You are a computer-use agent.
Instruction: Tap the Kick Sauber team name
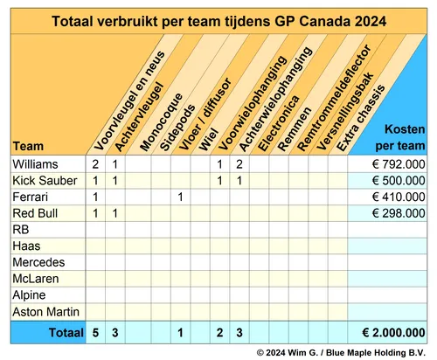(x=44, y=180)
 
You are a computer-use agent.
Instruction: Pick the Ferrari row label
(x=31, y=197)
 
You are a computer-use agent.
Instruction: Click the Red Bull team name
(x=36, y=212)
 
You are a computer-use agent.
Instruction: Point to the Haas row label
(x=27, y=246)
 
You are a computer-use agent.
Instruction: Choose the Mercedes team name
(x=38, y=262)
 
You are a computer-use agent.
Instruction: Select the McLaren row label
(x=36, y=279)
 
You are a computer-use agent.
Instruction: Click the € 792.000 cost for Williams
(x=391, y=163)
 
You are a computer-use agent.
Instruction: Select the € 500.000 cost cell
(x=391, y=180)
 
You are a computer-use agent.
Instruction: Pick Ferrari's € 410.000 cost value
(x=391, y=197)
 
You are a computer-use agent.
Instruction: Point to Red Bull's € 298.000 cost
(x=391, y=212)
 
